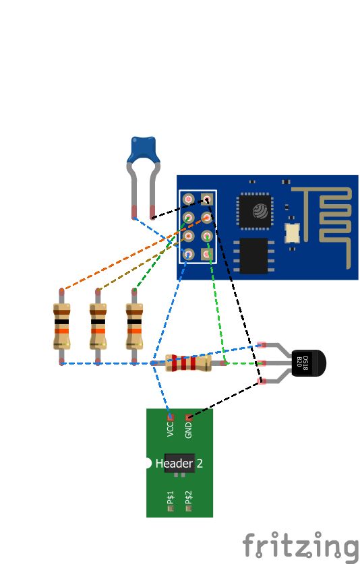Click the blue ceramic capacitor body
[143, 150]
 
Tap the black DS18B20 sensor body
[308, 363]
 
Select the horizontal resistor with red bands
[188, 363]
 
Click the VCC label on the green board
[171, 429]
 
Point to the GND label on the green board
[188, 430]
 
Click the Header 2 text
[179, 463]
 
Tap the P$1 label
[171, 497]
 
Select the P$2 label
[188, 497]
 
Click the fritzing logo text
[301, 546]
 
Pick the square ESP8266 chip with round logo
[255, 210]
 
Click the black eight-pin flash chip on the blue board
[253, 256]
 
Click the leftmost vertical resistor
[61, 327]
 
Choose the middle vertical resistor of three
[98, 327]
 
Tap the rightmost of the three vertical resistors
[134, 327]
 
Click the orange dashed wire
[134, 253]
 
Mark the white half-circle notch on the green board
[148, 463]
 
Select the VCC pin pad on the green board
[171, 417]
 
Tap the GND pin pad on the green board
[188, 417]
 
